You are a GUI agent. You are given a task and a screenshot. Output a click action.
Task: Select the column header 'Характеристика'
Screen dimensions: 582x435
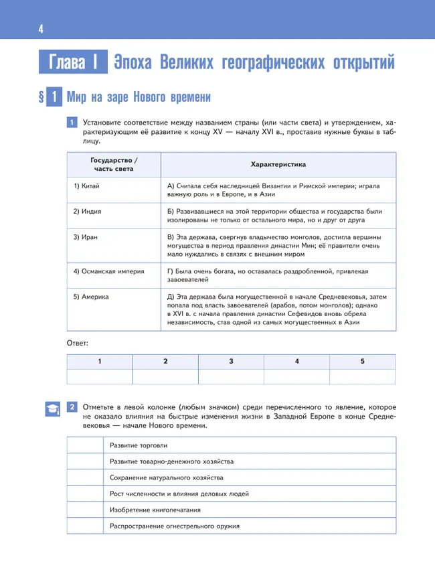click(x=278, y=164)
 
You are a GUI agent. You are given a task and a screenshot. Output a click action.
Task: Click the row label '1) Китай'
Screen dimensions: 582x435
click(x=86, y=186)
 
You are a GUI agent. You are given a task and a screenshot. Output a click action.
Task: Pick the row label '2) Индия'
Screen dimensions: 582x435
click(x=88, y=211)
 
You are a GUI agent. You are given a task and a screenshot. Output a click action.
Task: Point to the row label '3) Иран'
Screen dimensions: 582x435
click(x=86, y=237)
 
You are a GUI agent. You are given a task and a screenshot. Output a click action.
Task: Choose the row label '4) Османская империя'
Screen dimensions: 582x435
click(x=104, y=271)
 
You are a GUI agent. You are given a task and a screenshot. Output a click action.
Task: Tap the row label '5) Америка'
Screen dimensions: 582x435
click(x=91, y=296)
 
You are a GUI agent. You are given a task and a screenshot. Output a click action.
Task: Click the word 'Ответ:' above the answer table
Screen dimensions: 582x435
click(x=78, y=343)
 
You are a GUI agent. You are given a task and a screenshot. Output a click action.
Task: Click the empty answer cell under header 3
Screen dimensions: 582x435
click(x=231, y=376)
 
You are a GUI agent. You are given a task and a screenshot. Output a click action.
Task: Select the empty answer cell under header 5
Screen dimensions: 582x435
click(x=362, y=376)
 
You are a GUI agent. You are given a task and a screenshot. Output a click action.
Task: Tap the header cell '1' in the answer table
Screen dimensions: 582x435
click(x=100, y=361)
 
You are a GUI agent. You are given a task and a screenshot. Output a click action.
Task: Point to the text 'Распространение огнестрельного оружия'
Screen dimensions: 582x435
click(x=175, y=526)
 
